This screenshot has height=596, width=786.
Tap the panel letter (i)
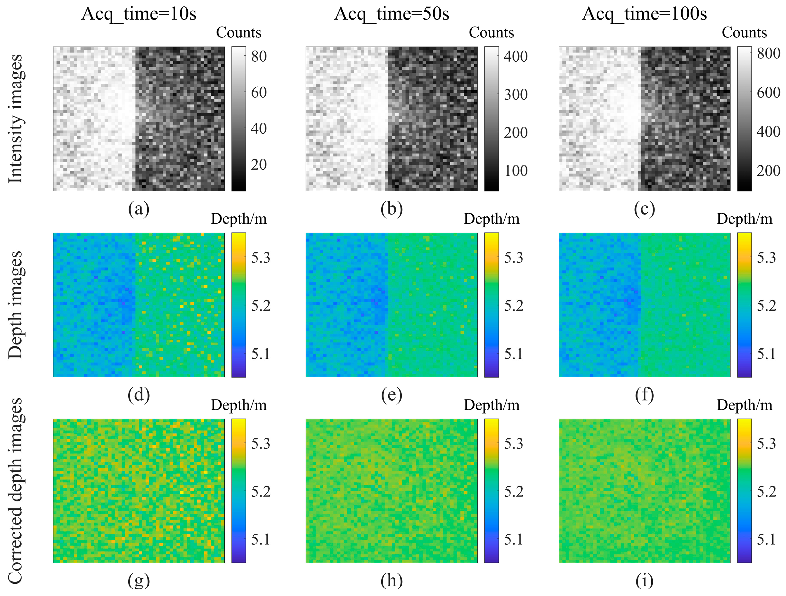pyautogui.click(x=644, y=581)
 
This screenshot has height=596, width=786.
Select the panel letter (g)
pyautogui.click(x=138, y=581)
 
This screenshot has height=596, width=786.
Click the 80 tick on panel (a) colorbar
pyautogui.click(x=259, y=56)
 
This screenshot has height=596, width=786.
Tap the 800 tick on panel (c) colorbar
pyautogui.click(x=768, y=54)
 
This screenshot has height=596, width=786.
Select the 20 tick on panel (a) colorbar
pyautogui.click(x=259, y=164)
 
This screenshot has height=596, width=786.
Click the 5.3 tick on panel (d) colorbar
pyautogui.click(x=260, y=258)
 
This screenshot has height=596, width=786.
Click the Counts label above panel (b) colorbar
pyautogui.click(x=491, y=33)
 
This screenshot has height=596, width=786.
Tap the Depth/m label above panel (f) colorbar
pyautogui.click(x=745, y=219)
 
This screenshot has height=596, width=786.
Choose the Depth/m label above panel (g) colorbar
pyautogui.click(x=239, y=405)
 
